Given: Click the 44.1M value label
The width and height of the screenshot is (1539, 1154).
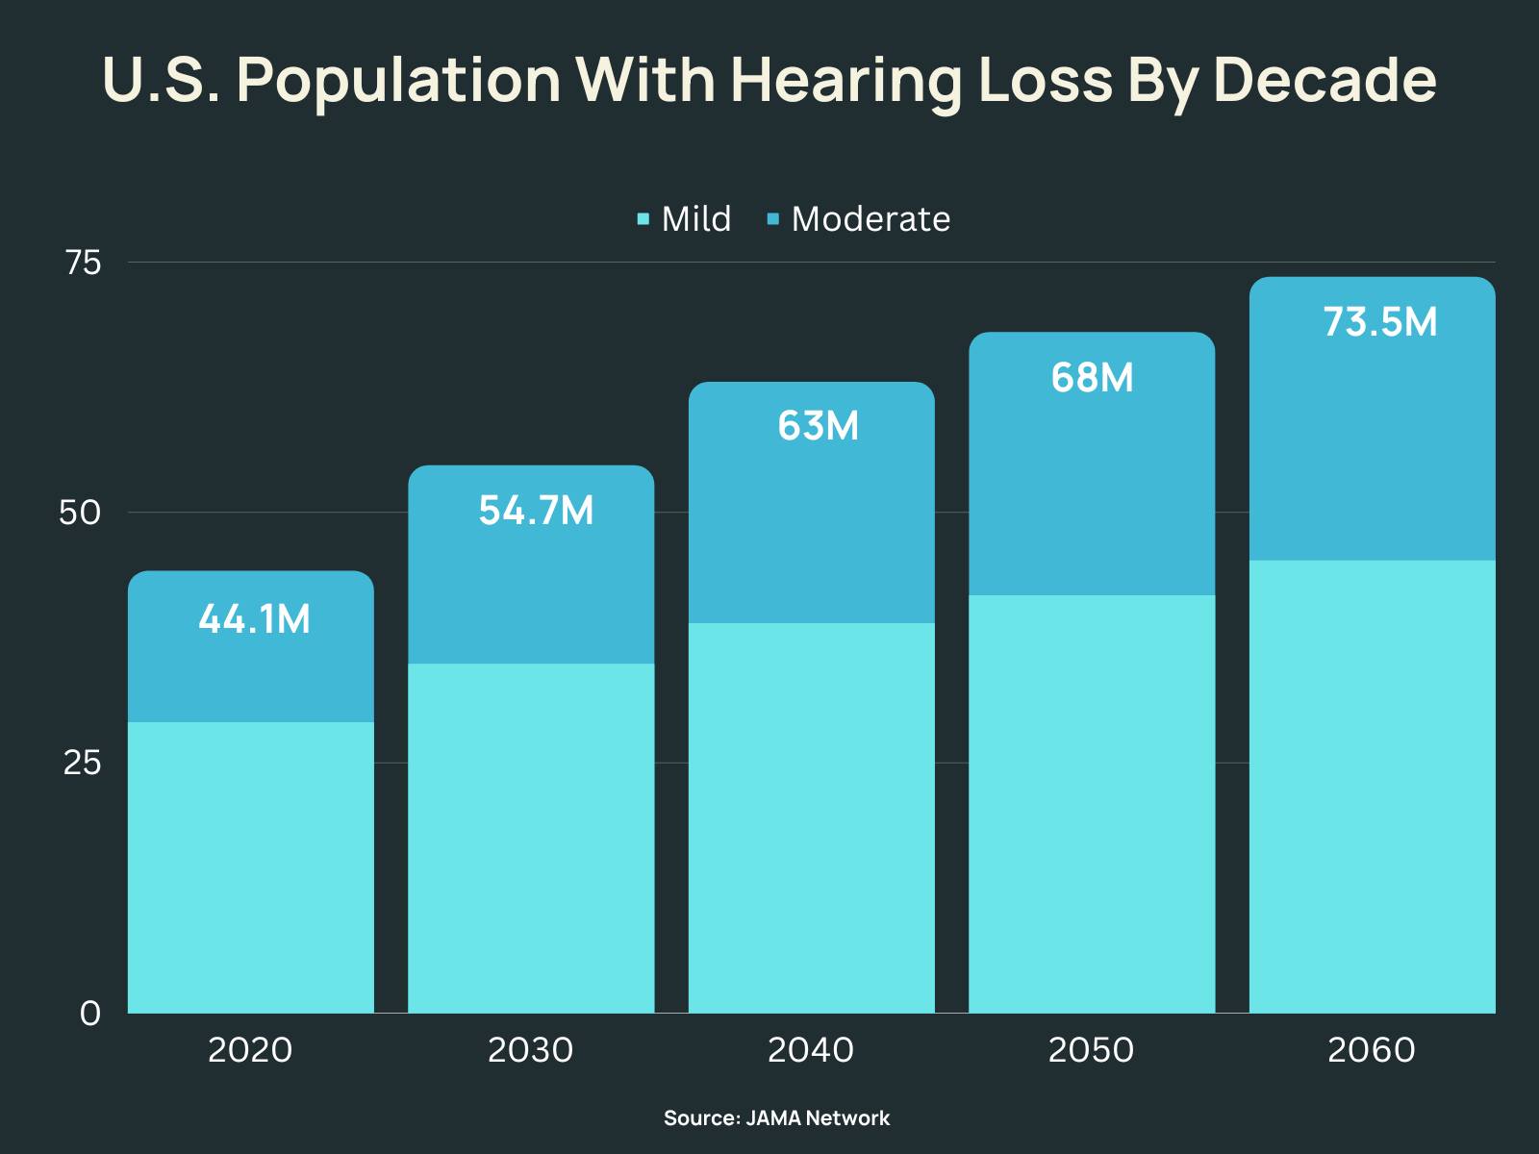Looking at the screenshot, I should [254, 619].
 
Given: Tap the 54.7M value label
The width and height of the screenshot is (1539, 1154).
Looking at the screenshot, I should [536, 511].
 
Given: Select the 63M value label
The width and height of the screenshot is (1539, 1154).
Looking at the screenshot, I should [818, 425].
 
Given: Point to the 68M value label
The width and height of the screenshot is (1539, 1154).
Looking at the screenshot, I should [1092, 378].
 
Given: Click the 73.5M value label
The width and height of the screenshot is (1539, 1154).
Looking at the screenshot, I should [1379, 322].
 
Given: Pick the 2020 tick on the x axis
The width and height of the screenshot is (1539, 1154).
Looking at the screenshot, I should [250, 1049].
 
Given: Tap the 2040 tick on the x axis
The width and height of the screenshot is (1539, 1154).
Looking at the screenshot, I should [810, 1049].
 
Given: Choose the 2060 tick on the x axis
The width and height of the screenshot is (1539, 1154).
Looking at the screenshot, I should [1371, 1049].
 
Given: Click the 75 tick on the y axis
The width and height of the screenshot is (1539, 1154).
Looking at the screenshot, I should [83, 263].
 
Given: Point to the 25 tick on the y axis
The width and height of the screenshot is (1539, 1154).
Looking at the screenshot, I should [82, 763].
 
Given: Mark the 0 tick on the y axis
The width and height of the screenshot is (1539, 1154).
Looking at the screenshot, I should [89, 1014].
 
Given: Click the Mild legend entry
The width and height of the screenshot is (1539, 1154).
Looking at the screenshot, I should [685, 219].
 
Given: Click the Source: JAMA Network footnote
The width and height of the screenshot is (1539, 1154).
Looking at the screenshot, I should [776, 1118].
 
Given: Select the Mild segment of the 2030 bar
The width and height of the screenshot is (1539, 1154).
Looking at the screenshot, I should [531, 837].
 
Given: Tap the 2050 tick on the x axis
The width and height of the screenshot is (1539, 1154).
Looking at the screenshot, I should [1091, 1049].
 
